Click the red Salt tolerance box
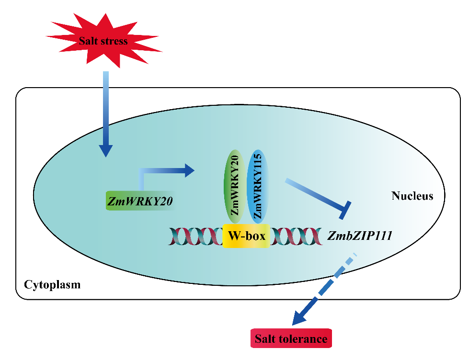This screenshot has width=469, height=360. [x=291, y=339]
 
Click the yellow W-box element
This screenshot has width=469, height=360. [x=247, y=236]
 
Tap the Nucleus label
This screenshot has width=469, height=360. [x=412, y=196]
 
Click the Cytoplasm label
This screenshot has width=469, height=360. [x=52, y=285]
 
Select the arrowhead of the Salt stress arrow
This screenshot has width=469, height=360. [x=106, y=150]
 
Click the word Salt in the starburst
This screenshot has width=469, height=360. [x=89, y=41]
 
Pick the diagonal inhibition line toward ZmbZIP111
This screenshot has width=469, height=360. [x=314, y=193]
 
